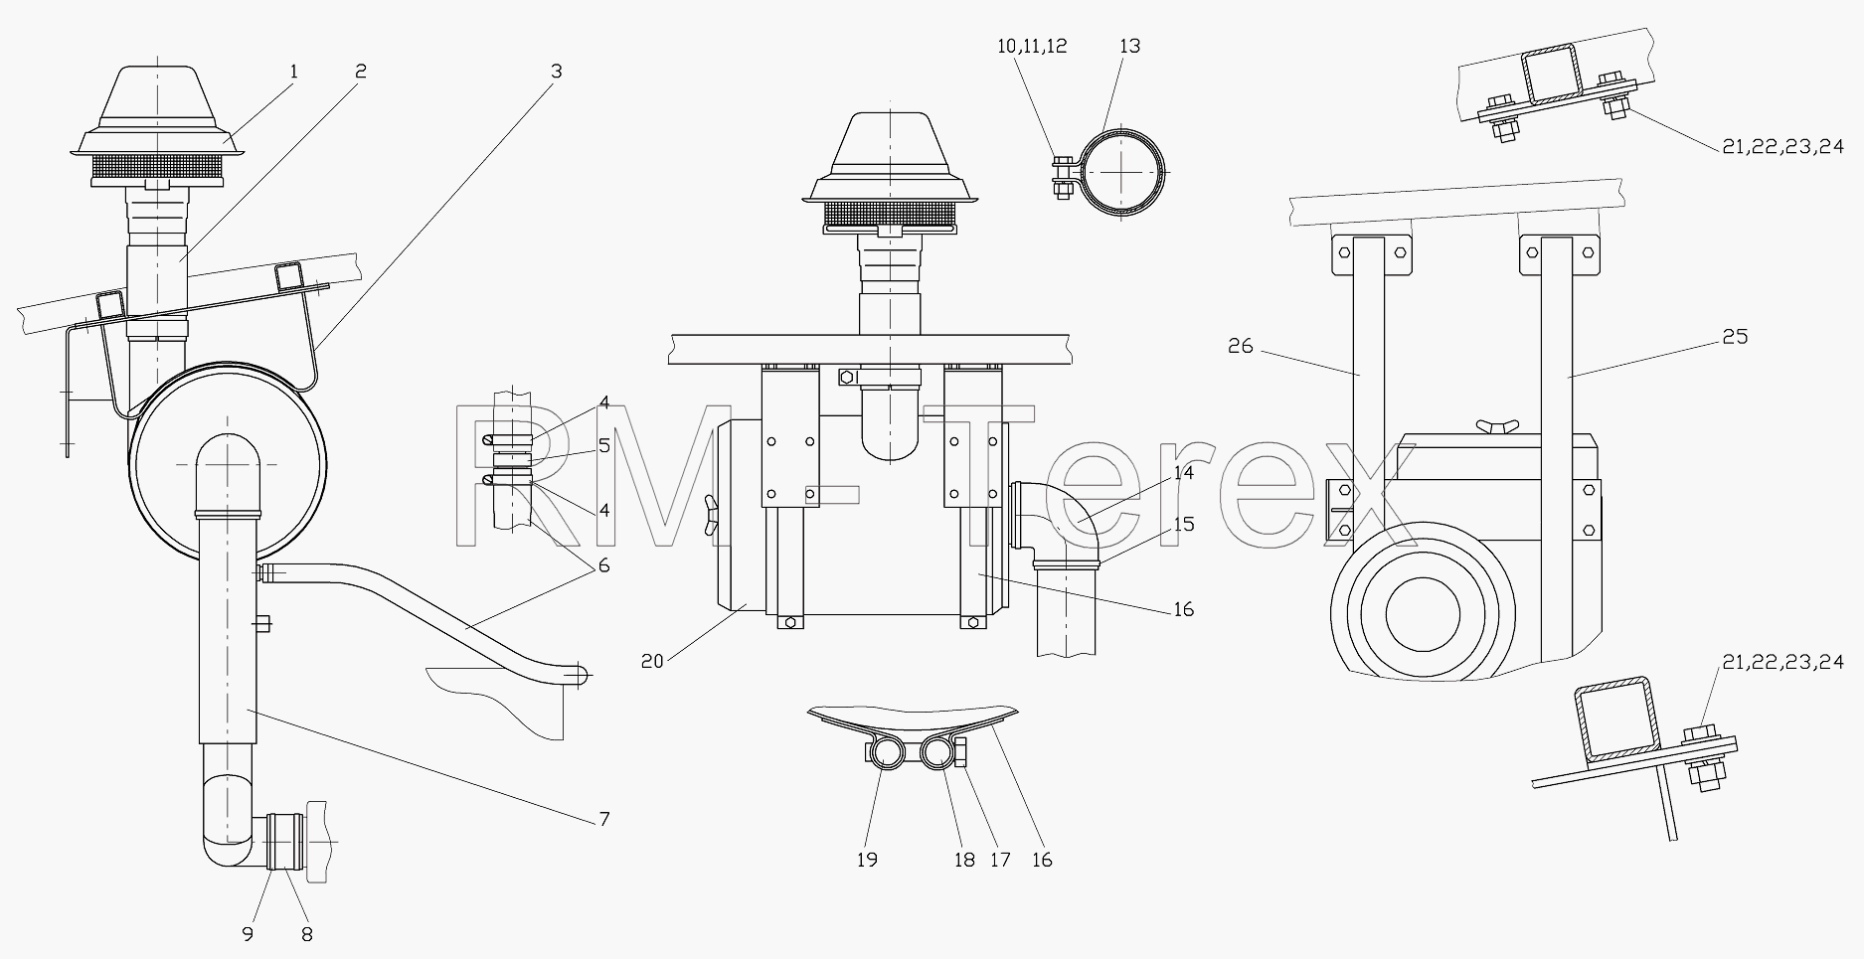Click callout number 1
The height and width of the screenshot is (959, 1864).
pos(294,72)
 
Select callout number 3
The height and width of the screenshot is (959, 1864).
pos(556,72)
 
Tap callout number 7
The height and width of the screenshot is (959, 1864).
pos(604,819)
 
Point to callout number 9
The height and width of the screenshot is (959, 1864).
pos(248,934)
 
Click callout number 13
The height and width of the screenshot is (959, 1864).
pos(1129,46)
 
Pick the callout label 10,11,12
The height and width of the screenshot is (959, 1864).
pos(1033,46)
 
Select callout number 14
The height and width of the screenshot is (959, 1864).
pos(1183,473)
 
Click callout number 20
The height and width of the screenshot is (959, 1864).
pos(652,660)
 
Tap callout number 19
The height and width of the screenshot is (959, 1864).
pos(867,860)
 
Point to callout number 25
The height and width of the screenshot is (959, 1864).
pos(1734,337)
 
